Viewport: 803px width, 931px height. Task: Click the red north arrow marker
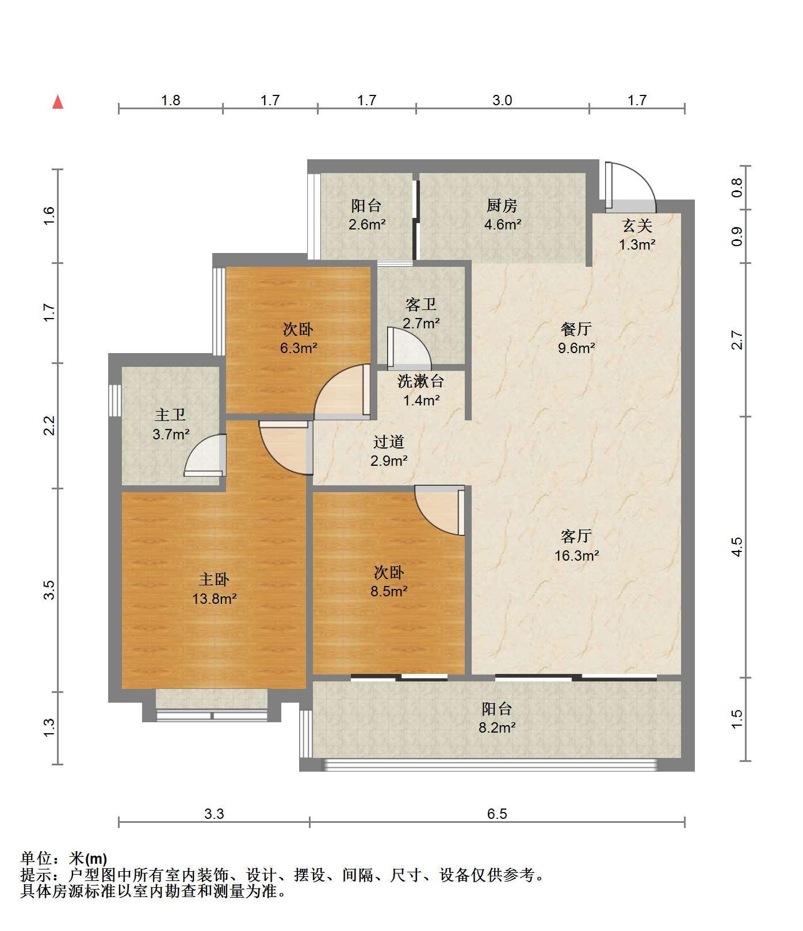[x=58, y=102]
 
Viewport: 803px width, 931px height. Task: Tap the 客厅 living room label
[x=576, y=536]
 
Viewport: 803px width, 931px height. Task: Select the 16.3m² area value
[x=576, y=555]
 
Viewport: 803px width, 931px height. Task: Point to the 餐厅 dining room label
[x=576, y=329]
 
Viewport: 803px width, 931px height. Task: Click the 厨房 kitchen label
[x=502, y=205]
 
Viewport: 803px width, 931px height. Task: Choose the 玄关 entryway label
[x=637, y=225]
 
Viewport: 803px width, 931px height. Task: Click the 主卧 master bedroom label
[x=214, y=579]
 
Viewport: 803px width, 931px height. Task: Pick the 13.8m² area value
[x=215, y=599]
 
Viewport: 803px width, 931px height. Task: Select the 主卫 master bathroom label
[x=170, y=415]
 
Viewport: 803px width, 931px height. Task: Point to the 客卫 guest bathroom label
[x=421, y=304]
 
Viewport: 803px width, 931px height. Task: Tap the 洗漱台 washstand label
[x=421, y=381]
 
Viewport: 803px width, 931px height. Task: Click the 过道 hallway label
[x=389, y=442]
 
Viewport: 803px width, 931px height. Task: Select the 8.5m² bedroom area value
[x=389, y=591]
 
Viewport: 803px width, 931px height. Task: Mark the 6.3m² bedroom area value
[x=299, y=348]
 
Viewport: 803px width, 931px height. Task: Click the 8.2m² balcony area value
[x=497, y=727]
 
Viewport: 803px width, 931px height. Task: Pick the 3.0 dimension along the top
[x=502, y=101]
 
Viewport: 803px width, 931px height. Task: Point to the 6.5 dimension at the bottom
[x=497, y=814]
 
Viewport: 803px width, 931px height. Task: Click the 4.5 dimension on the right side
[x=737, y=547]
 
